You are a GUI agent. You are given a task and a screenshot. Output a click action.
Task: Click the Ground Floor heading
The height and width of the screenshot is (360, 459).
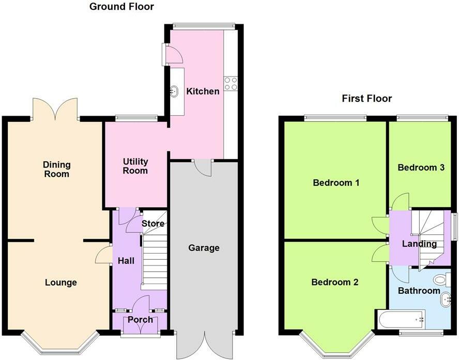tap(121, 7)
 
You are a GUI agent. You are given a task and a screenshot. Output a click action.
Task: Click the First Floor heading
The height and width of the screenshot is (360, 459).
tap(367, 98)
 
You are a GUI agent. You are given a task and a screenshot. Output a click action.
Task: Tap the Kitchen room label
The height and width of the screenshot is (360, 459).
tap(203, 91)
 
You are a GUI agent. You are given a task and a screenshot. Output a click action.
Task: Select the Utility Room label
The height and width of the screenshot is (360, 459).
tap(135, 166)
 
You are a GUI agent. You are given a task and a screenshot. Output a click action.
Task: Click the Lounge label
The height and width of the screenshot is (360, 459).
tap(61, 283)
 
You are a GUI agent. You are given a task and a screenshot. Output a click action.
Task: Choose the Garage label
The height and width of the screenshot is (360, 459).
tap(204, 248)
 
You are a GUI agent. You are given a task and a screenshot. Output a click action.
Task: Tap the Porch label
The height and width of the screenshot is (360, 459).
tap(141, 320)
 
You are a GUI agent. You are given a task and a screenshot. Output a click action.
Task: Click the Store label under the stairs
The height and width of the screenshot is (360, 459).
tap(154, 224)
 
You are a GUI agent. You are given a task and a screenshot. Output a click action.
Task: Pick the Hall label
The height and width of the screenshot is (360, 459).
tap(126, 261)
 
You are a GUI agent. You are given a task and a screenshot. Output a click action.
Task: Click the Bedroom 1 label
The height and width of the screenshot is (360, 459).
tap(335, 183)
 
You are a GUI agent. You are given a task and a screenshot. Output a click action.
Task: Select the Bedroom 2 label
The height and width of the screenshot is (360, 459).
tap(335, 282)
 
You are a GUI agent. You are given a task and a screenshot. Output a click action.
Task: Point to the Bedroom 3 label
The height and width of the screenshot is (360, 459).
tap(421, 167)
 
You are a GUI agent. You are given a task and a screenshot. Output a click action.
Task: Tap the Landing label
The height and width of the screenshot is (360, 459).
tap(420, 244)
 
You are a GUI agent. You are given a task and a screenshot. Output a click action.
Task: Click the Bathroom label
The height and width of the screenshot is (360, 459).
tap(419, 291)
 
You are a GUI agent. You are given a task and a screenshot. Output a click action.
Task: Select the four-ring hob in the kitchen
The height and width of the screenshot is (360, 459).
tap(231, 83)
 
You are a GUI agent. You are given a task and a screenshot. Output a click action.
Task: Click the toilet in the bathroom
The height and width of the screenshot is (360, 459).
tap(440, 280)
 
